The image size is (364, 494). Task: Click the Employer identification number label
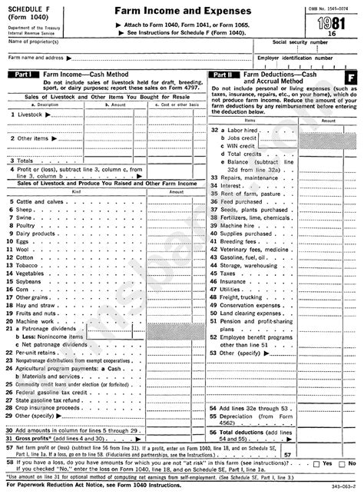point(295,57)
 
